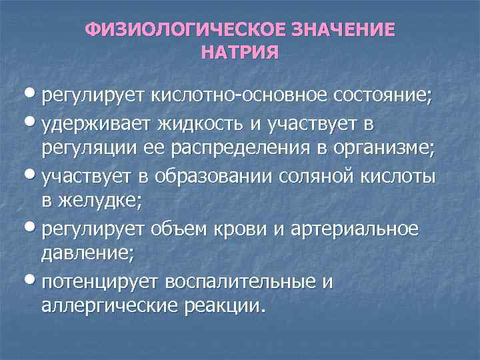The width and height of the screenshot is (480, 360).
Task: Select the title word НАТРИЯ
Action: tap(239, 52)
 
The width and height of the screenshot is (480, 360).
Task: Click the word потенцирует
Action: tap(103, 283)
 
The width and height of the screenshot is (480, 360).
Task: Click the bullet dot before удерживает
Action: tap(33, 123)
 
